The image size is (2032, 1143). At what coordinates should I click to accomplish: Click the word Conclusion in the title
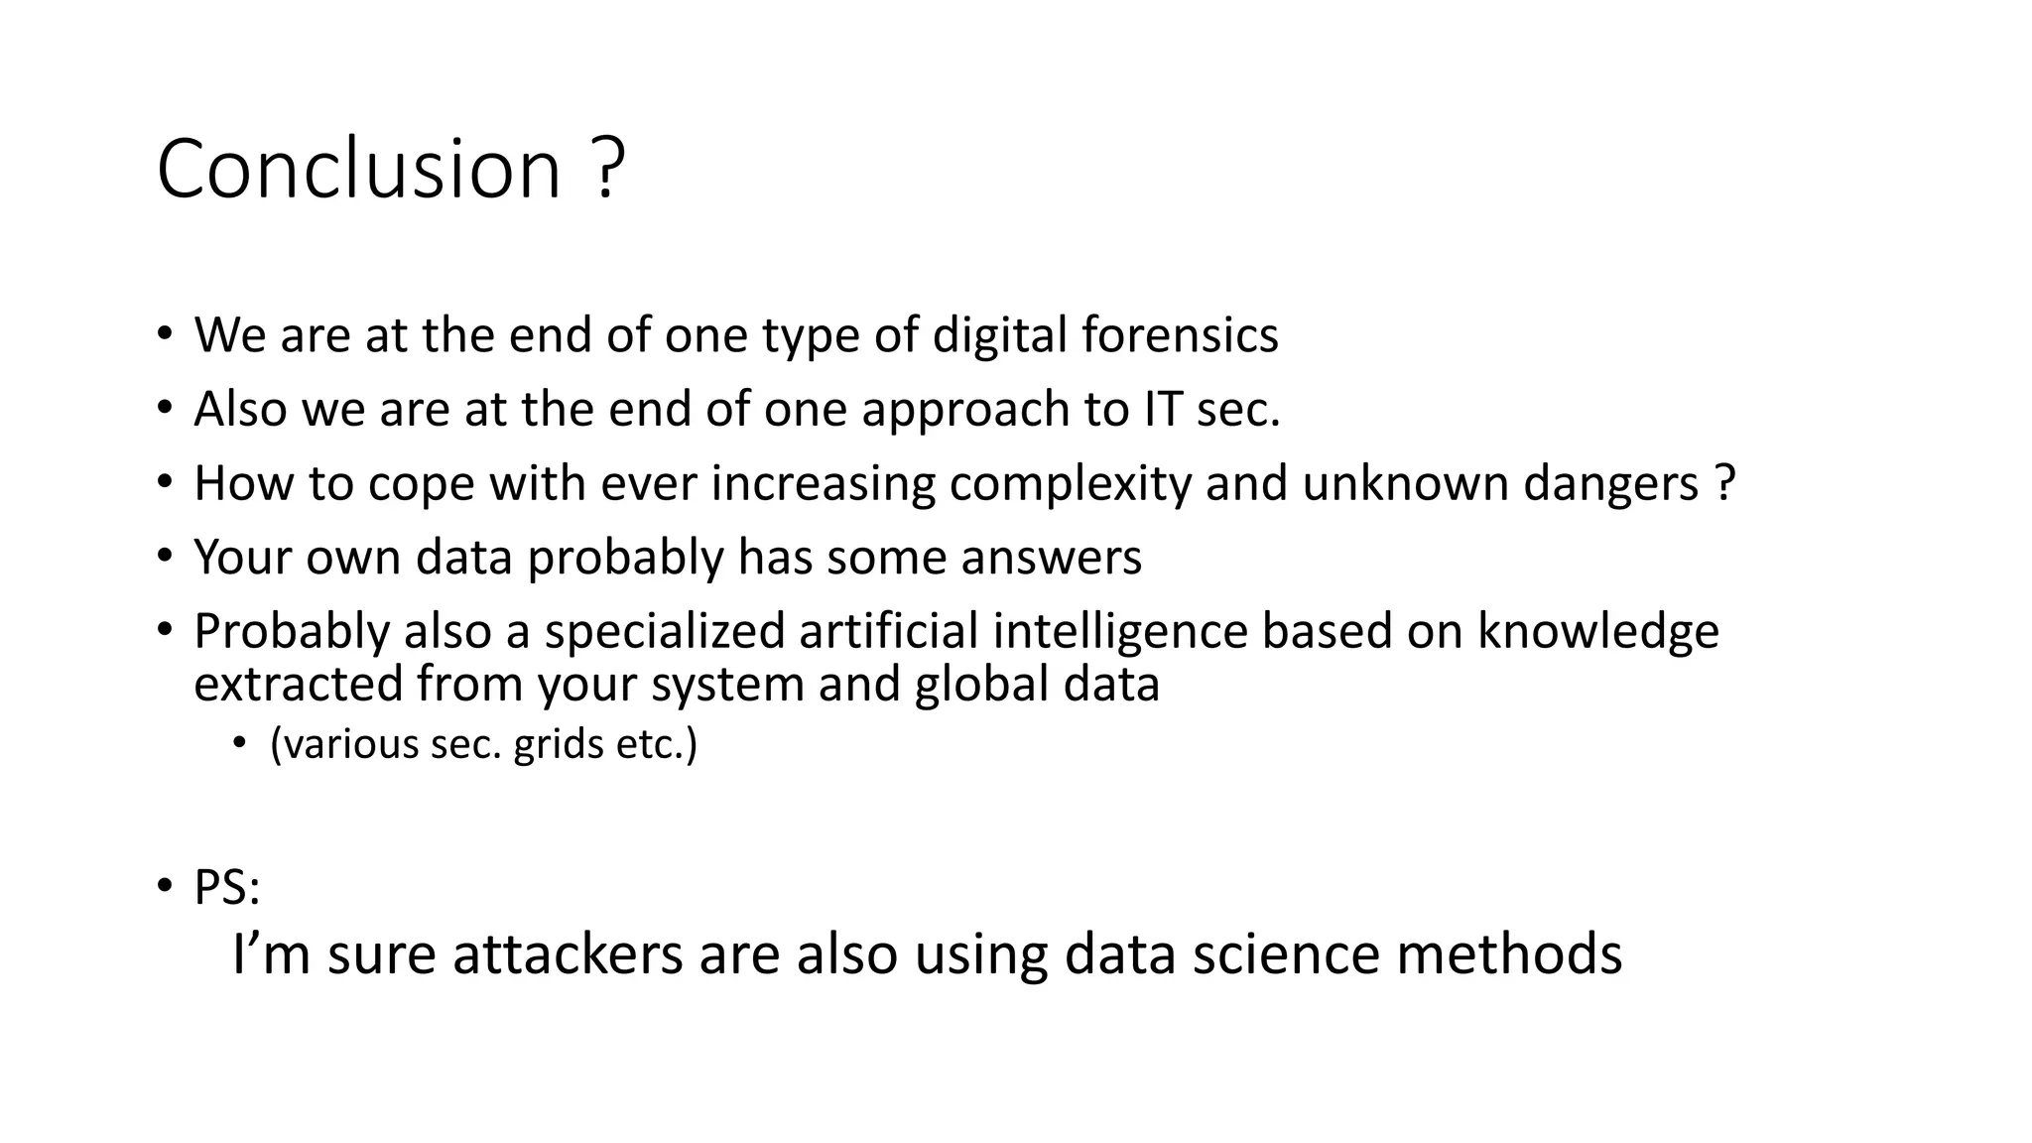coord(359,169)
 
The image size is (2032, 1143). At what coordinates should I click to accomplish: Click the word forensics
coord(1180,335)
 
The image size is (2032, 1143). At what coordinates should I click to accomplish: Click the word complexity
coord(1070,484)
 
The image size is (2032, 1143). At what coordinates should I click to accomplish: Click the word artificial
coord(888,632)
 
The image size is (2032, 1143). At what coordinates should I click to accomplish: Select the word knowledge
coord(1597,632)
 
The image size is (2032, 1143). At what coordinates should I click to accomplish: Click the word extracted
coord(298,685)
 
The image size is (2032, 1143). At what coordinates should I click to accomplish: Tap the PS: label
coord(226,888)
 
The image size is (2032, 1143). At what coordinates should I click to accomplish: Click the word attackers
coord(568,954)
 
